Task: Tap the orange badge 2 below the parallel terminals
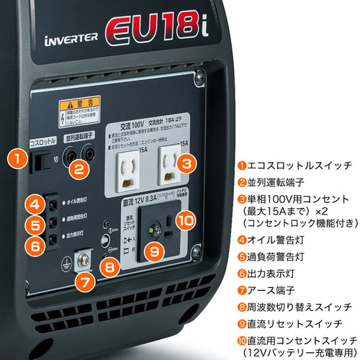point(81,170)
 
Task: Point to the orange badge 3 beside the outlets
point(186,163)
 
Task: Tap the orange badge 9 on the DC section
point(153,252)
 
